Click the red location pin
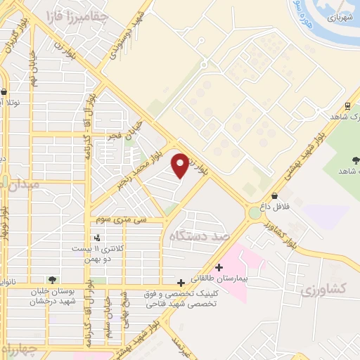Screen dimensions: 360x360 (x=180, y=165)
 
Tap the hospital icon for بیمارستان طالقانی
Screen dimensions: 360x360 (x=219, y=267)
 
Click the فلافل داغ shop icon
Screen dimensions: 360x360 (x=274, y=195)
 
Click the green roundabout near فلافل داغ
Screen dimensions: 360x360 (x=254, y=212)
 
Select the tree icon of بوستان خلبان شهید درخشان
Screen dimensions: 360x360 (x=51, y=280)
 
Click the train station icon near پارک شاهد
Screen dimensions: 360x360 (x=347, y=106)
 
